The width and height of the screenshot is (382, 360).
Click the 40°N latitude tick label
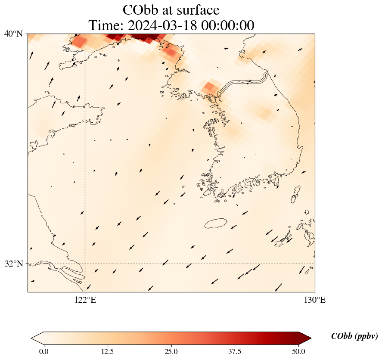[x=13, y=34]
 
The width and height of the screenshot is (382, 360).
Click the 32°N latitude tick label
[x=13, y=264]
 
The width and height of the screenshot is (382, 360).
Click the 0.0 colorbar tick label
[x=43, y=351]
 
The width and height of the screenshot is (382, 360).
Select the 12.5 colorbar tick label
[x=107, y=351]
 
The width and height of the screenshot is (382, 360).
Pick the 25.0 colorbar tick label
[x=171, y=351]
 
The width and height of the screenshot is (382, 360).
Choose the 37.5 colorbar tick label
[x=235, y=351]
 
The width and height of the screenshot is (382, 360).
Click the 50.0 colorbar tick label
[x=298, y=351]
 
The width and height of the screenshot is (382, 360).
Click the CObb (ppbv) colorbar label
[x=354, y=336]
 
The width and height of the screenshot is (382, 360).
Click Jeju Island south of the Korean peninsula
[x=216, y=223]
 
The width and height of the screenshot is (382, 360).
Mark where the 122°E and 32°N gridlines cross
[x=85, y=264]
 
